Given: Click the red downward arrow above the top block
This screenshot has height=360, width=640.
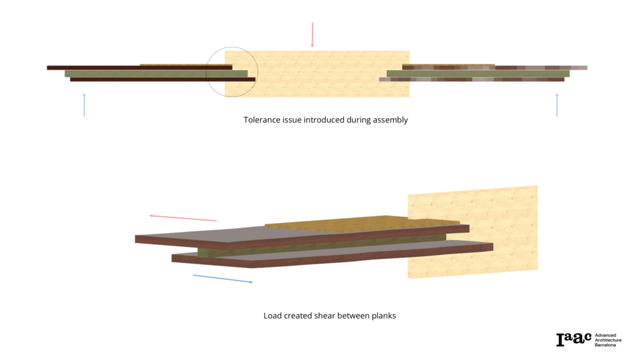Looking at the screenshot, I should click(312, 35).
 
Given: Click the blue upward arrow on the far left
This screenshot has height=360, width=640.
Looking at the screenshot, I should click(84, 104).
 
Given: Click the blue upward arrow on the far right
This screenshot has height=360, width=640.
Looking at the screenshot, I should click(557, 104).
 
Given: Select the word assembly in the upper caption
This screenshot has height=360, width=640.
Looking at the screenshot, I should click(390, 119).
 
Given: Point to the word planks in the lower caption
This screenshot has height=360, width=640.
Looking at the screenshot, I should click(382, 316).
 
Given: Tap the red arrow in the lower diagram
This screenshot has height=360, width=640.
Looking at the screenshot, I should click(183, 217).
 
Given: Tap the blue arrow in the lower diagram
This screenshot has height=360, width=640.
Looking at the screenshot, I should click(222, 279).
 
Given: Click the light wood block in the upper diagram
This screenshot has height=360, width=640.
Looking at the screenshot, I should click(325, 74).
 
